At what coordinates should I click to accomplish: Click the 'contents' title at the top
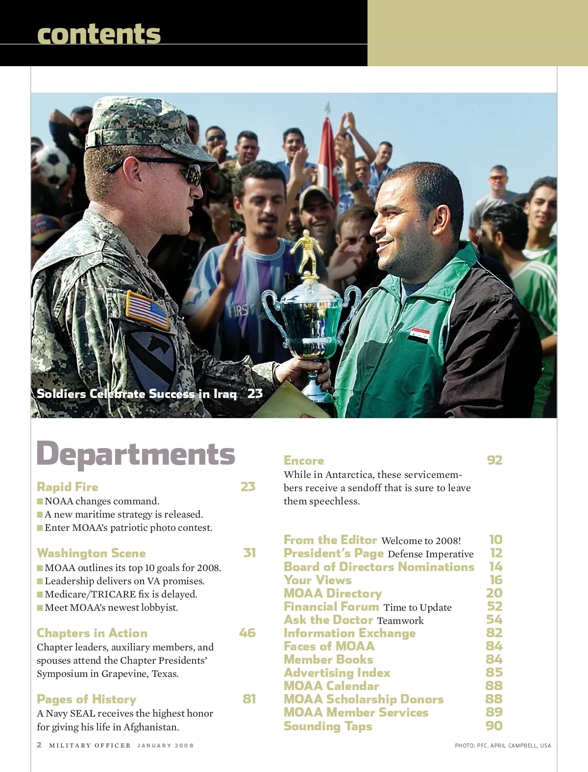(x=98, y=34)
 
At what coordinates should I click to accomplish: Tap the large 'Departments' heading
(x=136, y=454)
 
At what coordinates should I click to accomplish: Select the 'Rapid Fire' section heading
(x=68, y=487)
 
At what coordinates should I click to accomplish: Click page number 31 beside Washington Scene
(x=249, y=553)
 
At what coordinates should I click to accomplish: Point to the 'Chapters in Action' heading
(x=92, y=633)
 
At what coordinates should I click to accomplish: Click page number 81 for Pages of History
(x=249, y=699)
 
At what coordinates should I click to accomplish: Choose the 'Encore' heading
(x=304, y=460)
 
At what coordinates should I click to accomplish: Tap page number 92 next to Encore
(x=494, y=460)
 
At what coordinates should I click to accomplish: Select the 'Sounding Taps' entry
(x=328, y=726)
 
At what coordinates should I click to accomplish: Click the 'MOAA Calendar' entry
(x=331, y=686)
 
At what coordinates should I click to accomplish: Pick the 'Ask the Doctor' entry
(x=328, y=620)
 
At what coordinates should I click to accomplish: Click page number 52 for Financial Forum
(x=494, y=606)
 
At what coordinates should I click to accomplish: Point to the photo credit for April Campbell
(x=503, y=746)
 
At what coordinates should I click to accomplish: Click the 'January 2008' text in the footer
(x=165, y=746)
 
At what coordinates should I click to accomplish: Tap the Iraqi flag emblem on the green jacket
(x=419, y=335)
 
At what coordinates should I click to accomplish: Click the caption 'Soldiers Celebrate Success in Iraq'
(x=137, y=394)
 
